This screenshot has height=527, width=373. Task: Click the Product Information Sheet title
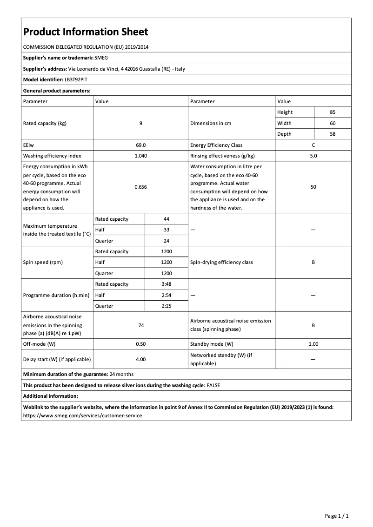86,32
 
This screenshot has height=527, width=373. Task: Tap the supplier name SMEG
101,58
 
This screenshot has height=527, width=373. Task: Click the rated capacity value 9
140,123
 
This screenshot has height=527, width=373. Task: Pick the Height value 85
332,112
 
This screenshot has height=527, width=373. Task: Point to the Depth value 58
332,134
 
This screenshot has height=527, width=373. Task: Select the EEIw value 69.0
140,145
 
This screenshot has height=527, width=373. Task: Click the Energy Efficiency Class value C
313,145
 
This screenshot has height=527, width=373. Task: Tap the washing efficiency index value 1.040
140,156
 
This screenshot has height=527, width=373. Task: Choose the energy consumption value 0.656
140,187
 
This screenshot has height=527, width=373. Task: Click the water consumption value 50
313,187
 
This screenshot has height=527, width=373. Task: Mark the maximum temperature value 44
166,219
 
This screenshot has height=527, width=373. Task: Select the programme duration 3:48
166,284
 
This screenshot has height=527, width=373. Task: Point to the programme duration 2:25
166,306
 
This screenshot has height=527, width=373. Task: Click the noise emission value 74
140,325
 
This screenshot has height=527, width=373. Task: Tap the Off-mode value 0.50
140,344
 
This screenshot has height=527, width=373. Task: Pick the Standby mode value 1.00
313,344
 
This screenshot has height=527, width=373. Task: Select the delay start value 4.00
140,359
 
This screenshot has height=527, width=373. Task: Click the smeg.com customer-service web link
82,415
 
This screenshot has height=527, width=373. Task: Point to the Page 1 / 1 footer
336,516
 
